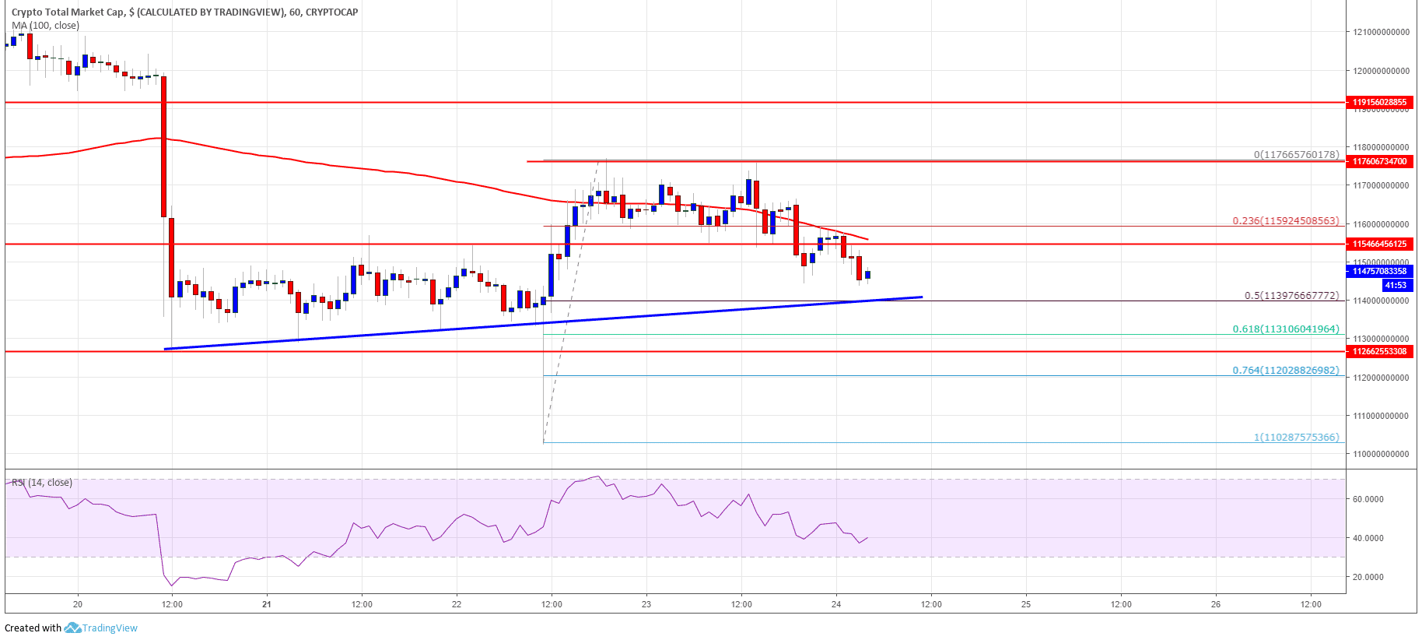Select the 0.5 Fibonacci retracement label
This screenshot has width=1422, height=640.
[1291, 296]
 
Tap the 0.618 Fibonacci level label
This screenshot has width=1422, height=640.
[1285, 329]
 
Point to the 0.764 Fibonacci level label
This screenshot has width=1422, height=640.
[1285, 371]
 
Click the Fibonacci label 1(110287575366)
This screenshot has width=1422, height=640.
[1296, 438]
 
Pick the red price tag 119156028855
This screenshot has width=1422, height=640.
[1380, 102]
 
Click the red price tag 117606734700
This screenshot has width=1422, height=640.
[1380, 161]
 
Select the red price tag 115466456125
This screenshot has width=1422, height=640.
[1380, 244]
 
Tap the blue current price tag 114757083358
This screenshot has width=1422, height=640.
[1380, 271]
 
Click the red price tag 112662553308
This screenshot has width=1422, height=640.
[1380, 351]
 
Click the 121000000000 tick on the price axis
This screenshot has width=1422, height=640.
[1381, 33]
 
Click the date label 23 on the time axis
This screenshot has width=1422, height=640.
[646, 604]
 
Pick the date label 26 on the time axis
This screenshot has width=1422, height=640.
[1216, 604]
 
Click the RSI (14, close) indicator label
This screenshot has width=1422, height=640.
[42, 483]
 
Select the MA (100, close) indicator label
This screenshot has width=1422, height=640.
[45, 26]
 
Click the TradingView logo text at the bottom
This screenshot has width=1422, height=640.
[110, 628]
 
